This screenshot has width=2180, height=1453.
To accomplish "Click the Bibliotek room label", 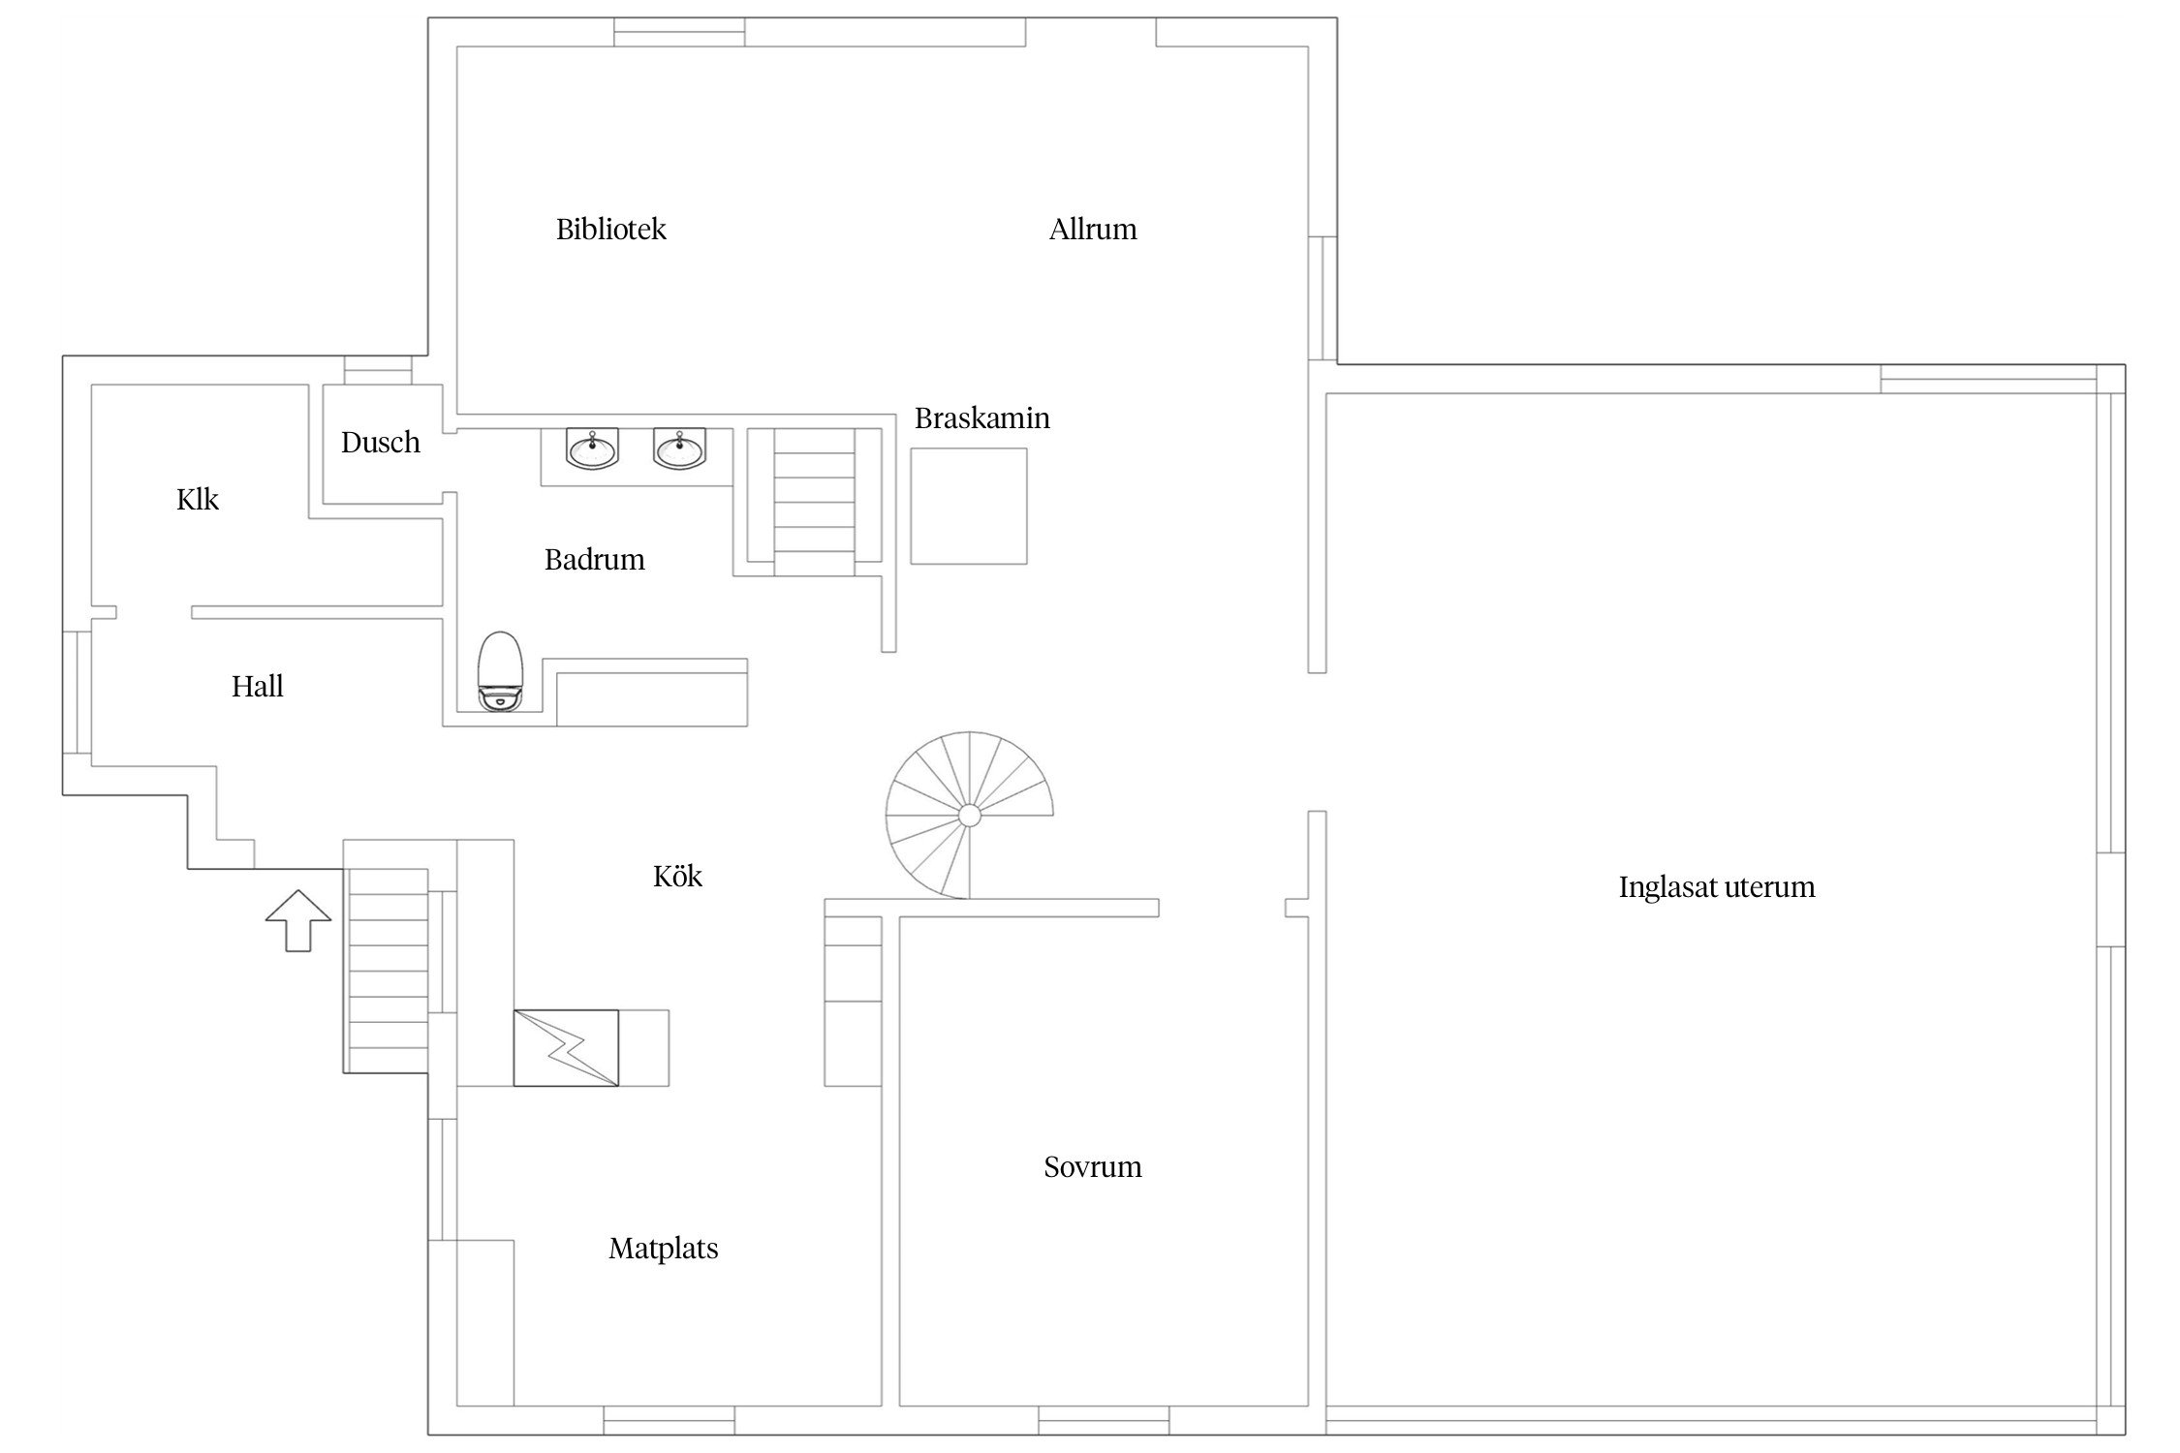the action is click(610, 230).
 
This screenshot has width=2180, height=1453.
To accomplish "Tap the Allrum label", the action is click(1093, 230).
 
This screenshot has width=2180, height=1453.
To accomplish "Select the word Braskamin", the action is click(981, 417).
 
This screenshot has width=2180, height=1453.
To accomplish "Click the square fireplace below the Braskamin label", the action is click(968, 506).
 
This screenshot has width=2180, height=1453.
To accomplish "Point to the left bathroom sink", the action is click(591, 448).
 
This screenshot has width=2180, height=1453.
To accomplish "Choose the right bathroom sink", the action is click(679, 448).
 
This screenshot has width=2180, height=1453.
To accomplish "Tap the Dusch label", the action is click(381, 443).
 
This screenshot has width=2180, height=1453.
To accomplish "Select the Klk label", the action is click(198, 499).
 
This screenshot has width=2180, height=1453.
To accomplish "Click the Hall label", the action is click(258, 686).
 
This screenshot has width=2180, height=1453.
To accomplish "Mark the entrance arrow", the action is click(298, 920).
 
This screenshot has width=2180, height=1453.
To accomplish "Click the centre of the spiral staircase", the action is click(969, 816).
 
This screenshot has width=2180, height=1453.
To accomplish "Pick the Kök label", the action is click(677, 877).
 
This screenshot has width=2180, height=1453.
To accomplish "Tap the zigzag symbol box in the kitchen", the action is click(566, 1048).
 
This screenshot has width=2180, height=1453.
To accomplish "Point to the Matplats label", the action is click(664, 1249).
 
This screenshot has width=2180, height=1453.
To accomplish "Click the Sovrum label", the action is click(1093, 1166).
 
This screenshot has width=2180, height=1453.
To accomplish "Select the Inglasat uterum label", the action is click(1717, 887).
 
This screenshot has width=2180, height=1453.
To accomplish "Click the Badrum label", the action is click(595, 560).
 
